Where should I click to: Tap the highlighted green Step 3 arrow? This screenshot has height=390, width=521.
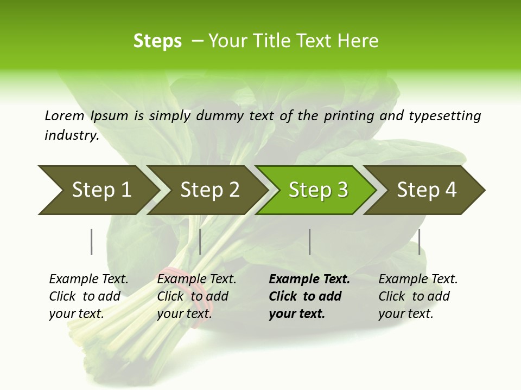click(318, 190)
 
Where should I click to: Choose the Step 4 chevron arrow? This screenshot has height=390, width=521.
click(427, 190)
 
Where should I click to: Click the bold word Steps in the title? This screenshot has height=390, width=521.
click(157, 41)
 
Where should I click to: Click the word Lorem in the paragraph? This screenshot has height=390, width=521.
click(65, 115)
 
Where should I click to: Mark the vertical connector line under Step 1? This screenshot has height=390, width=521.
click(92, 242)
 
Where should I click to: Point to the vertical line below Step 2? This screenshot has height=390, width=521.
click(200, 242)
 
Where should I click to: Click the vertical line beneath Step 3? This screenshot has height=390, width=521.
click(309, 242)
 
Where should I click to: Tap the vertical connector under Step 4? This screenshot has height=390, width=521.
click(419, 242)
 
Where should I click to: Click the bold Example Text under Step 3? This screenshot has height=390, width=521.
click(309, 279)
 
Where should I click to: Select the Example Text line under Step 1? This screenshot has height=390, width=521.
click(88, 279)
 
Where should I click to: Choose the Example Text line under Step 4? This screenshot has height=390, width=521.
click(418, 279)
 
